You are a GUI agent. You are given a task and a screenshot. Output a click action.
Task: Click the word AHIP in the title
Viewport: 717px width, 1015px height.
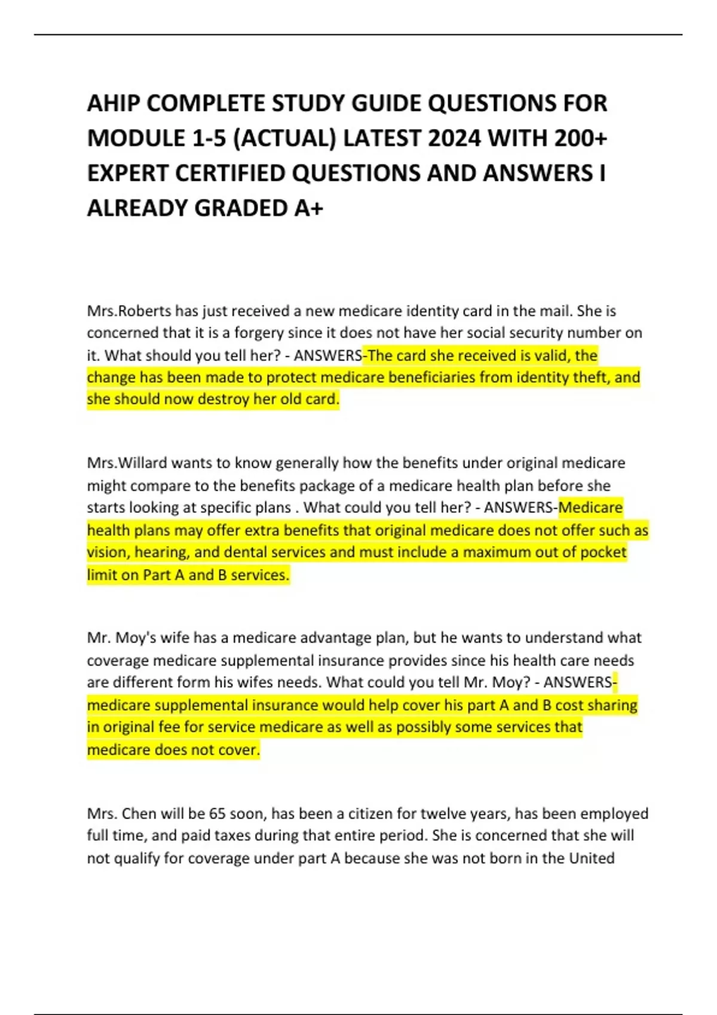[x=114, y=104]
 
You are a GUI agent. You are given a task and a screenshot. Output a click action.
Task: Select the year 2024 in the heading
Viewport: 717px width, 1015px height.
[x=454, y=139]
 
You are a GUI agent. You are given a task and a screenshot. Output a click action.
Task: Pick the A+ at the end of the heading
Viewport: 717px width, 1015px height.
[x=308, y=208]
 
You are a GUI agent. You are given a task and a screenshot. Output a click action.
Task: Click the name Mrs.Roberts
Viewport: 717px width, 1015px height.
[x=128, y=311]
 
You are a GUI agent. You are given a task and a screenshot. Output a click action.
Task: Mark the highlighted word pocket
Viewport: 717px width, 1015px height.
[x=602, y=552]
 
